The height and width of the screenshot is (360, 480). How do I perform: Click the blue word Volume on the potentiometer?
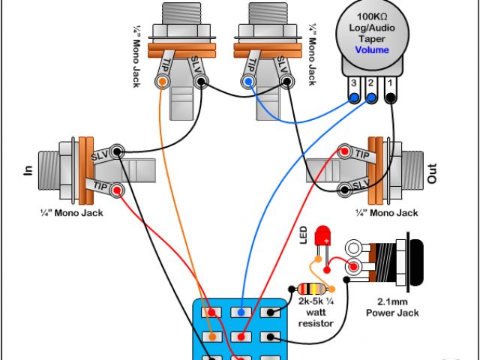click(372, 50)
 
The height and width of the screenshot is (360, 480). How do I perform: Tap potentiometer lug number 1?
click(391, 97)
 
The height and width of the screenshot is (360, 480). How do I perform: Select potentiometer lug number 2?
click(371, 97)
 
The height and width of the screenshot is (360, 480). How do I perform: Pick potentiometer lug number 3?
click(354, 97)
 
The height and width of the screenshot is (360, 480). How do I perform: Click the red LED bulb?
click(325, 235)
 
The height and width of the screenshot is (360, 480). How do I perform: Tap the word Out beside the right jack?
click(431, 175)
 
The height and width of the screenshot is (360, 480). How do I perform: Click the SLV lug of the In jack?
click(116, 150)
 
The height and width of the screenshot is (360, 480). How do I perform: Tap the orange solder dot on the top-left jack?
click(161, 82)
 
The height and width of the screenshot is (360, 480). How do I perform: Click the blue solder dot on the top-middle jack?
click(247, 82)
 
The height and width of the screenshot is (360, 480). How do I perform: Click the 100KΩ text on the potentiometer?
click(372, 16)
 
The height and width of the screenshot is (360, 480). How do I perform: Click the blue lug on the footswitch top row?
click(241, 311)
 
